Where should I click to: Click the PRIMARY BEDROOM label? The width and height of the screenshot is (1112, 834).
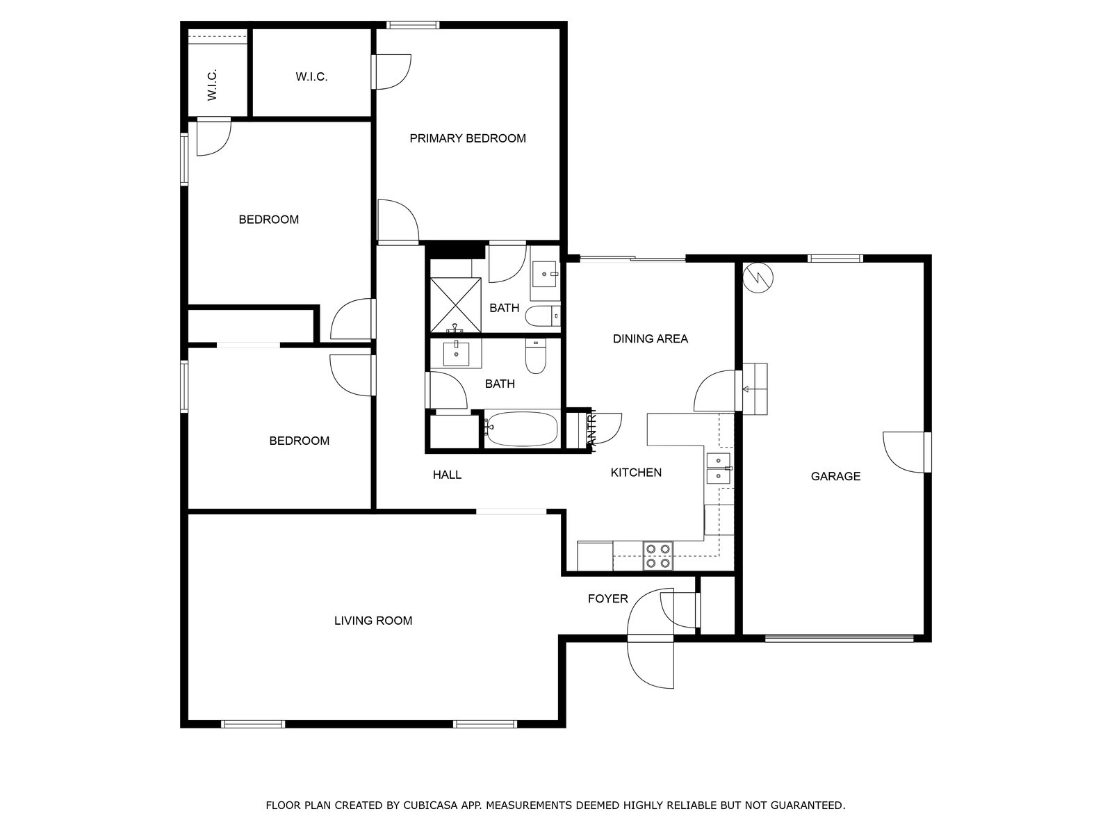tap(467, 138)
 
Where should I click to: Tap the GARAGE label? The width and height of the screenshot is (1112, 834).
tap(835, 476)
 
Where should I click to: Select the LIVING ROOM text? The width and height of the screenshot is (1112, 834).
tap(373, 621)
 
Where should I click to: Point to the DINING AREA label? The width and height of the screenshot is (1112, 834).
tap(650, 338)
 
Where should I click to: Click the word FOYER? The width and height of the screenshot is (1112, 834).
tap(607, 598)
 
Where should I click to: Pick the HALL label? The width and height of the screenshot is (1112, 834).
tap(447, 475)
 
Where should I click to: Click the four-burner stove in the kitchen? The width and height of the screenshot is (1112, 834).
tap(657, 556)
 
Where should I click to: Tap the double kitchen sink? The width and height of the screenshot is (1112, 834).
tap(718, 468)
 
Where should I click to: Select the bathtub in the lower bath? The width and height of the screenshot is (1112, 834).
tap(521, 429)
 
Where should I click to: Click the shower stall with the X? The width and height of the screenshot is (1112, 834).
tap(455, 304)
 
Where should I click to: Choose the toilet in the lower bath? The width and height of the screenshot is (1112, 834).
tap(536, 356)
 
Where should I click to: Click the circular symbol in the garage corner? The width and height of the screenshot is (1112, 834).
tap(758, 277)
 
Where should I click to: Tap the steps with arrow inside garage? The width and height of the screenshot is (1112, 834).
tap(755, 389)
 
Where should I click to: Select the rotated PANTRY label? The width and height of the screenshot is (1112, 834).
tap(592, 431)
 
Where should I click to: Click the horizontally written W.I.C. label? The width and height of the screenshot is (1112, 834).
tap(311, 76)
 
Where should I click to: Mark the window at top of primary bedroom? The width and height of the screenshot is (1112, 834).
tap(413, 26)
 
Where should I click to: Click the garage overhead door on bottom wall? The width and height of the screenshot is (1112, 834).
tap(839, 637)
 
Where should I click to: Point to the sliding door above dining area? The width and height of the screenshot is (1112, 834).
tap(632, 259)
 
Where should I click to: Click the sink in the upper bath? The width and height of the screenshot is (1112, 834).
tap(545, 274)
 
